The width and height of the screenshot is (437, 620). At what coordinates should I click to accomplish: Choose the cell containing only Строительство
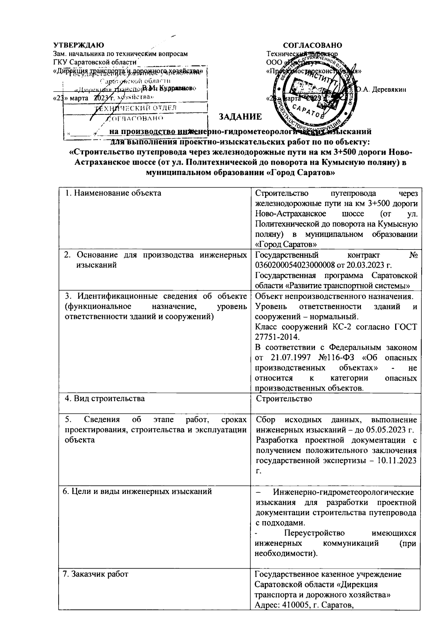284,399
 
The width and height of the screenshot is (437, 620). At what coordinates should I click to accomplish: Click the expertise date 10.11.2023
397,460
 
